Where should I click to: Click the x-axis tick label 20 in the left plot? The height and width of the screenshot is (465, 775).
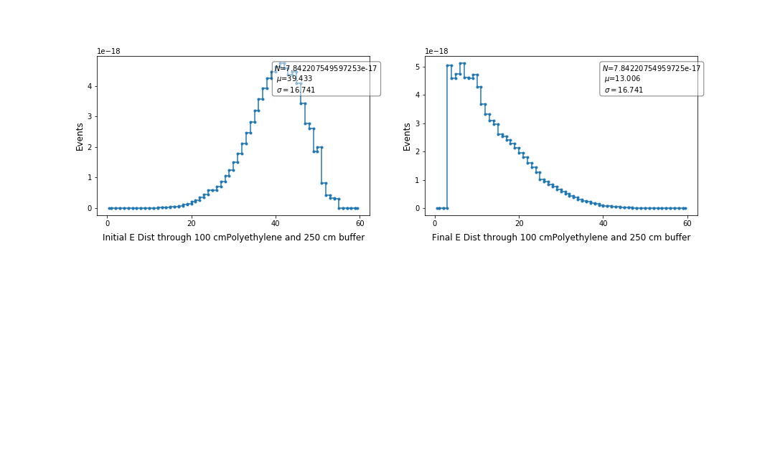pos(192,223)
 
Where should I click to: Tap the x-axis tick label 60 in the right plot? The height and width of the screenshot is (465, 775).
pos(687,223)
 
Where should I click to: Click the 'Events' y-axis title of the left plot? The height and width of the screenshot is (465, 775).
pos(80,136)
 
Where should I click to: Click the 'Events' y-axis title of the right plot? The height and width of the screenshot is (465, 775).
pos(408,136)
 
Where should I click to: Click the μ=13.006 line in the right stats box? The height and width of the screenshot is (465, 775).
pos(621,79)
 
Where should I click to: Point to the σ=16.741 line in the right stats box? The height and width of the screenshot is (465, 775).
pos(623,90)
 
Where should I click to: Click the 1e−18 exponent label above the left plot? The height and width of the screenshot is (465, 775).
pos(109,51)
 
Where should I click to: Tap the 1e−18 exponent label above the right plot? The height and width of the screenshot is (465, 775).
pos(437,51)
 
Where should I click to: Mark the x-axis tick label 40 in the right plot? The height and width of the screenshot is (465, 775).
pos(603,223)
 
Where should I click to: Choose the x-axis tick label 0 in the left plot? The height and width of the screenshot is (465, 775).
pos(108,223)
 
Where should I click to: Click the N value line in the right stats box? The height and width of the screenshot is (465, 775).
pos(651,68)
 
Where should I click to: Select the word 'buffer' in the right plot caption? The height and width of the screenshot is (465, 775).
pos(675,238)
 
